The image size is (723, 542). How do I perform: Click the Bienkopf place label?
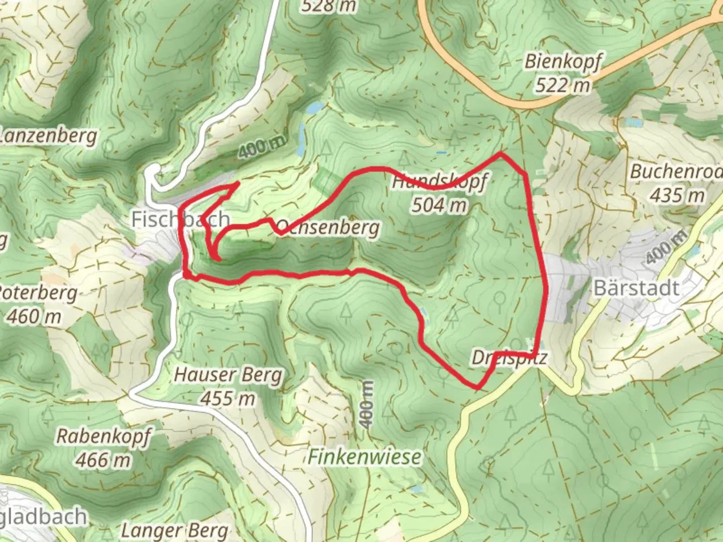[x=562, y=62]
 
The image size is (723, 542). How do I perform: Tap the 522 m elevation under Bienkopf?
[x=562, y=85]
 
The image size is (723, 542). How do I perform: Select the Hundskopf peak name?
[x=439, y=182]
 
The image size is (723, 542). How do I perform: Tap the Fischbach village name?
[x=181, y=219]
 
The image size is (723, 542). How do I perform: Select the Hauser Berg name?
[x=228, y=375]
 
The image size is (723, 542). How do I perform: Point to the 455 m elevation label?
[x=228, y=398]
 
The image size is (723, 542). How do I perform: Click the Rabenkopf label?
[x=103, y=436]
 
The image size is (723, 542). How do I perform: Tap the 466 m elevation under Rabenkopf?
[x=103, y=459]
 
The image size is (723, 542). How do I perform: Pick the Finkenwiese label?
[x=365, y=457]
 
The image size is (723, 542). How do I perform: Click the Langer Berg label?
[x=175, y=530]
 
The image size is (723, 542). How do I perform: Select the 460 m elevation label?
[x=35, y=317]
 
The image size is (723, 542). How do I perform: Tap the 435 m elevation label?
[x=677, y=195]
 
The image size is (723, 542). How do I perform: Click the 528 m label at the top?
[x=329, y=6]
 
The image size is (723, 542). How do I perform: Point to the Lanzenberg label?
[x=48, y=136]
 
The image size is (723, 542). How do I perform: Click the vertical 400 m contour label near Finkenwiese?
[x=367, y=404]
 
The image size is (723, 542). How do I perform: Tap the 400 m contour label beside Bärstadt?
[x=665, y=248]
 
